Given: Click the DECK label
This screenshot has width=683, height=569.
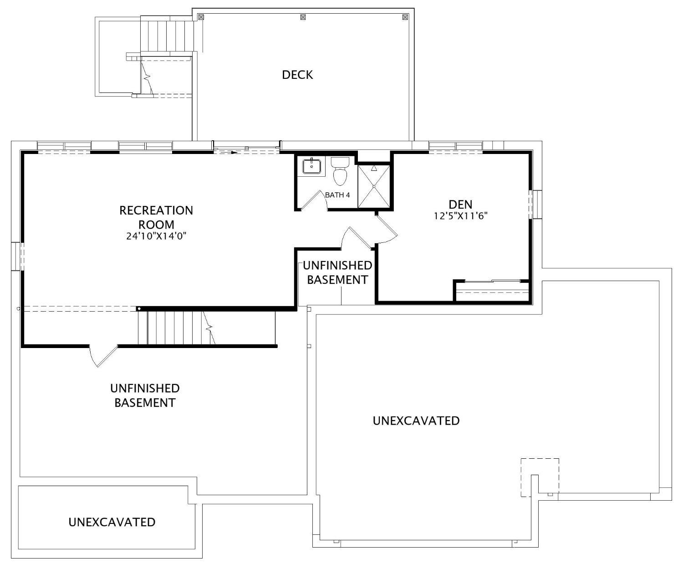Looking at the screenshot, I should [297, 75].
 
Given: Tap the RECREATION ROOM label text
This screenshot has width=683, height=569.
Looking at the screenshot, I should [156, 217].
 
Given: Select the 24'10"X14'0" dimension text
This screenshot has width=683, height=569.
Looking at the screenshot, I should [157, 236].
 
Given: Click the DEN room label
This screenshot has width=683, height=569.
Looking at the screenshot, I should [460, 204].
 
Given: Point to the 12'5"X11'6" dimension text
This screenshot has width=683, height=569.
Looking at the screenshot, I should [460, 216].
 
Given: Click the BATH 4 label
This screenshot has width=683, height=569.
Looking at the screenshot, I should [337, 195].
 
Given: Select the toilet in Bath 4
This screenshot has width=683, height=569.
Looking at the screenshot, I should [340, 171].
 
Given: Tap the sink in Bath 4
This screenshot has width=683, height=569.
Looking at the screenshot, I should [312, 166].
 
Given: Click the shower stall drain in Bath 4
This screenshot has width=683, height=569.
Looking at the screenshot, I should [374, 186].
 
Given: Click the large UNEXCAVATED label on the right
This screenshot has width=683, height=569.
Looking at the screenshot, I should [416, 420].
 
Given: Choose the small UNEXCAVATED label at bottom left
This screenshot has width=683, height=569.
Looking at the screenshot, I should [112, 522].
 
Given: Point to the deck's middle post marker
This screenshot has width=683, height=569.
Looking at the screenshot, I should [303, 17].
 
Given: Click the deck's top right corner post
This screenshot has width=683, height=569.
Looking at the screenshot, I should [405, 17].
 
